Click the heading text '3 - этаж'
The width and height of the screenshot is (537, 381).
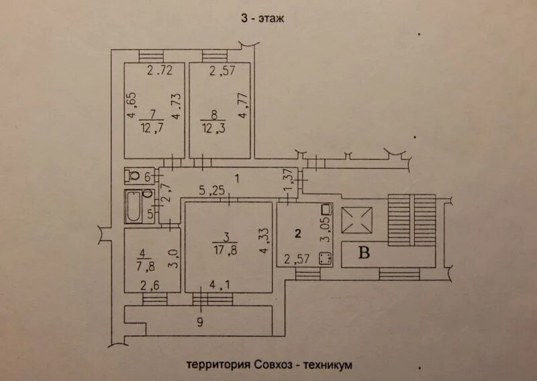pos(263,18)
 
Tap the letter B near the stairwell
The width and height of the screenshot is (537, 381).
pos(365,253)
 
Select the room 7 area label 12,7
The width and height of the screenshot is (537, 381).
pos(153,127)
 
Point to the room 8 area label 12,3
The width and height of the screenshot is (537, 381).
pos(216,127)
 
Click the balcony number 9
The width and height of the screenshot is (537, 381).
pos(199,322)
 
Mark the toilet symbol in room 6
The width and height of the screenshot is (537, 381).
pos(134,176)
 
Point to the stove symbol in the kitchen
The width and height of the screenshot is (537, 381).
pos(326,258)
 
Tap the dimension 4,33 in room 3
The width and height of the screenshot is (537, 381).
pos(263,240)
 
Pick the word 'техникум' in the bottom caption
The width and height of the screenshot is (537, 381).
pos(328,364)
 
